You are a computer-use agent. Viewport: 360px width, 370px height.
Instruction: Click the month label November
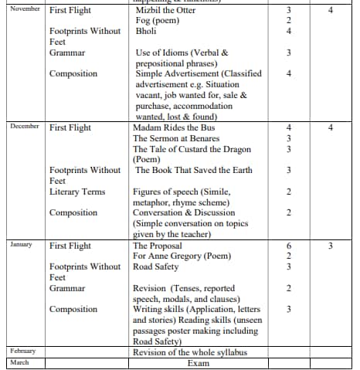(24, 11)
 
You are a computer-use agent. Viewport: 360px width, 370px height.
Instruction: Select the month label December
(24, 127)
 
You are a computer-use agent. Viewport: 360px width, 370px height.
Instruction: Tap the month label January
(22, 244)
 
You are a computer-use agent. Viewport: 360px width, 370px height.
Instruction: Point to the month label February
(23, 351)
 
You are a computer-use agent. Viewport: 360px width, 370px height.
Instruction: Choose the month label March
(19, 362)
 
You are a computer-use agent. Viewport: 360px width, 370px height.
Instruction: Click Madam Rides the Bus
(175, 127)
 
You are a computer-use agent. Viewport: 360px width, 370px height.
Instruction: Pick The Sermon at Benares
(175, 138)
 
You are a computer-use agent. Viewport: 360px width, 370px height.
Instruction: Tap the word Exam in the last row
(199, 362)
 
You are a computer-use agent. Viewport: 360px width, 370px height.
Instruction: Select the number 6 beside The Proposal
(287, 246)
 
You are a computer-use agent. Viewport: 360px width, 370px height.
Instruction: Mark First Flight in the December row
(70, 127)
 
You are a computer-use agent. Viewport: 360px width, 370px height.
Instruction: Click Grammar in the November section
(67, 53)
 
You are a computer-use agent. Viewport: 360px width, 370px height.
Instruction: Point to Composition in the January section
(73, 309)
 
